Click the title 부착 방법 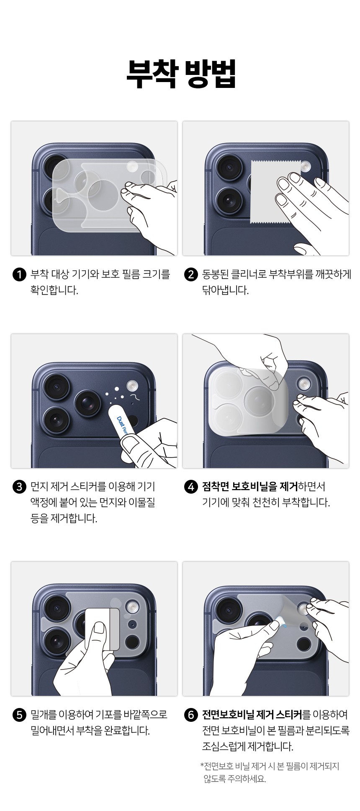coord(181,74)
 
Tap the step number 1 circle coord(20,275)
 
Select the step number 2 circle coord(191,275)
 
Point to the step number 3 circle coord(20,487)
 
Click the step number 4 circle coord(191,487)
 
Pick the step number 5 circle coord(20,715)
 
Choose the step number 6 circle coord(191,715)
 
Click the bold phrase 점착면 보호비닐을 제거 coord(250,487)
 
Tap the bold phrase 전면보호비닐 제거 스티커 coord(252,714)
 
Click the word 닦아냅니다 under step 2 coord(226,291)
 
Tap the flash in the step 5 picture coord(133,606)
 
